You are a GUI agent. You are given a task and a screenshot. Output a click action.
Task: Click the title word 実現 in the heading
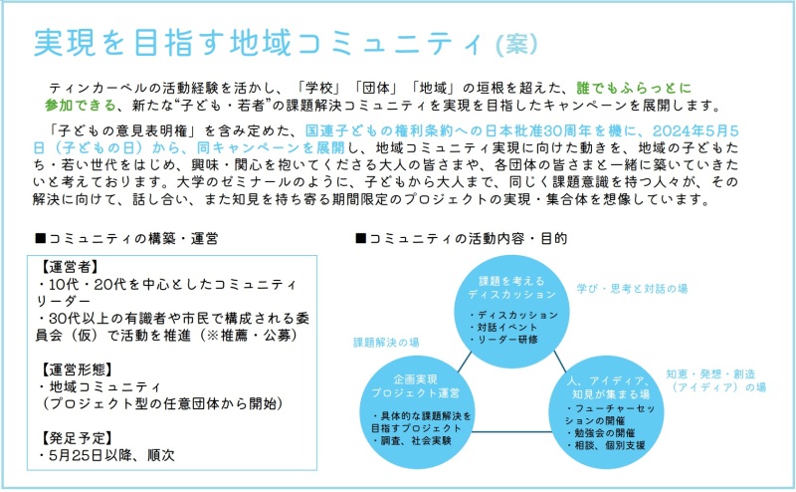coord(64,42)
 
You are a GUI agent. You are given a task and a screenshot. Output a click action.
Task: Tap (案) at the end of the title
coord(516,44)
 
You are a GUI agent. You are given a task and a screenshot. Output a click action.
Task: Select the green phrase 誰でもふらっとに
coord(634,88)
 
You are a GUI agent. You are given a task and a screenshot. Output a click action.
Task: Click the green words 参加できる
coord(81,106)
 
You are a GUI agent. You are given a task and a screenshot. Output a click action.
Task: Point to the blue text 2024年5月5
coord(695,130)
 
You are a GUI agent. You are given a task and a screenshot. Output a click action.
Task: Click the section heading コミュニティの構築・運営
coord(126,238)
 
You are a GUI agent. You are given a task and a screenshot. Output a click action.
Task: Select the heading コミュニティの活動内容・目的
coord(461,238)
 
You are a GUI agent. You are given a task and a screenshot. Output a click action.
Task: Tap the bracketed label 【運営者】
coord(69,267)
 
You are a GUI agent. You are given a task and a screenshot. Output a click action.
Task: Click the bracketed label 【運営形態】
coord(76,369)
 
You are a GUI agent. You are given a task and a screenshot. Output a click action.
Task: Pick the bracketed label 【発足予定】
coord(76,437)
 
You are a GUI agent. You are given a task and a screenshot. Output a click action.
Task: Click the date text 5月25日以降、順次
coord(111,455)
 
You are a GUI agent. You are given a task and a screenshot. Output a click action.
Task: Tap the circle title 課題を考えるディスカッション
coord(511,288)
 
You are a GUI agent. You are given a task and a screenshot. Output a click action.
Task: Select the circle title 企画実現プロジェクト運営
coord(415,386)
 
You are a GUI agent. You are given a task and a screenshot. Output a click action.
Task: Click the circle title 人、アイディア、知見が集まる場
coord(608,387)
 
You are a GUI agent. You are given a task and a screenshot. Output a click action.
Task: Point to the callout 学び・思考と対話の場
coord(632,289)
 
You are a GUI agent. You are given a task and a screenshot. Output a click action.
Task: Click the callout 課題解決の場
coord(386,343)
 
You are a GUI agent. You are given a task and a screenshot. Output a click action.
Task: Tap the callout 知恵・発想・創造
coord(710,374)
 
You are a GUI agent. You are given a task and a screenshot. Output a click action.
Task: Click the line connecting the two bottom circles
coord(511,432)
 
